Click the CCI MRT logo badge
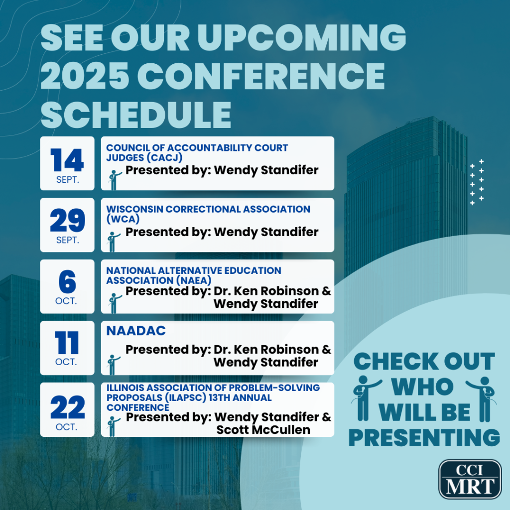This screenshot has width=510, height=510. coord(470,479)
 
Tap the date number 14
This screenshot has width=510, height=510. coord(67,160)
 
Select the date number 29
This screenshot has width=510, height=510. coord(67,220)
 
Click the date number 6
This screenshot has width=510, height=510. coord(67,282)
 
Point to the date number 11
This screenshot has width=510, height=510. coord(67,343)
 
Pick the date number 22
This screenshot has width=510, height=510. coord(67,407)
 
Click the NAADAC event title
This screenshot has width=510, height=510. coord(136,331)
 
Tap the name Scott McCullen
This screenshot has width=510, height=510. coord(263,430)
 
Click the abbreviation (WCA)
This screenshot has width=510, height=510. coord(123,219)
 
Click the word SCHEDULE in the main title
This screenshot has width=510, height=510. coord(136,115)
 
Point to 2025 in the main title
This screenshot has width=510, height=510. coord(85,76)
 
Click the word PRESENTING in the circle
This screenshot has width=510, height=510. coord(424,437)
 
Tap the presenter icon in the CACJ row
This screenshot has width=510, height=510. coord(115,180)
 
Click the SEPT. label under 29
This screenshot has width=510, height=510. coord(68,240)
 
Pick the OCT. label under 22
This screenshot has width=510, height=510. coord(67,427)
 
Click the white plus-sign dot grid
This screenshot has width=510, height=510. coord(477,182)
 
